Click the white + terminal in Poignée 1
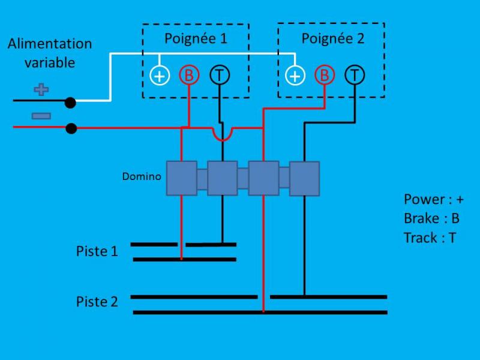(x=159, y=76)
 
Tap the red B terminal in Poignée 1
(x=189, y=76)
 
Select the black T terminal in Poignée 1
(x=220, y=75)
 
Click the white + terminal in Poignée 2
(x=295, y=76)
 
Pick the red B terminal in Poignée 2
(x=325, y=75)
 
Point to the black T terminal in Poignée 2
(x=355, y=75)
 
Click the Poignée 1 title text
(x=196, y=39)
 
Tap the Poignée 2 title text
(x=332, y=39)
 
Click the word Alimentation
(x=50, y=44)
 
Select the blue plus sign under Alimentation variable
(x=41, y=90)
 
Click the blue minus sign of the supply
(x=41, y=115)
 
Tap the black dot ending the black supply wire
(x=70, y=103)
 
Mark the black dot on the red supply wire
(x=71, y=128)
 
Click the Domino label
(x=142, y=176)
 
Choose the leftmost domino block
(x=181, y=178)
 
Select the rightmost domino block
(x=304, y=178)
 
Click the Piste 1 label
(x=97, y=251)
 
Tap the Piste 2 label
(x=97, y=301)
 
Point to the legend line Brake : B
(x=431, y=218)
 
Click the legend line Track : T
(x=430, y=238)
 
